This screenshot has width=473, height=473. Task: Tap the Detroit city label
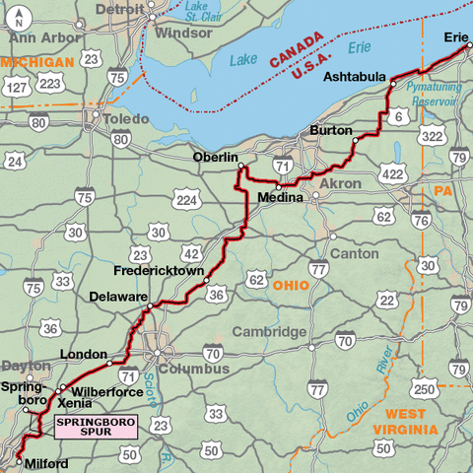[118, 9]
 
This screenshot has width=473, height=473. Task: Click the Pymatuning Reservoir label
[437, 94]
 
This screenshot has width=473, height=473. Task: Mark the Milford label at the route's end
[45, 463]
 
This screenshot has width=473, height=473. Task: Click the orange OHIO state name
[291, 285]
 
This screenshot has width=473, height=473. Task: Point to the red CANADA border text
[295, 48]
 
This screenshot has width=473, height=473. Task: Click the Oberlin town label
[216, 158]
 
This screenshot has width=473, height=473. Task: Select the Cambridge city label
[269, 332]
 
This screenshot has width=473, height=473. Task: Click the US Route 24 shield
[15, 161]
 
